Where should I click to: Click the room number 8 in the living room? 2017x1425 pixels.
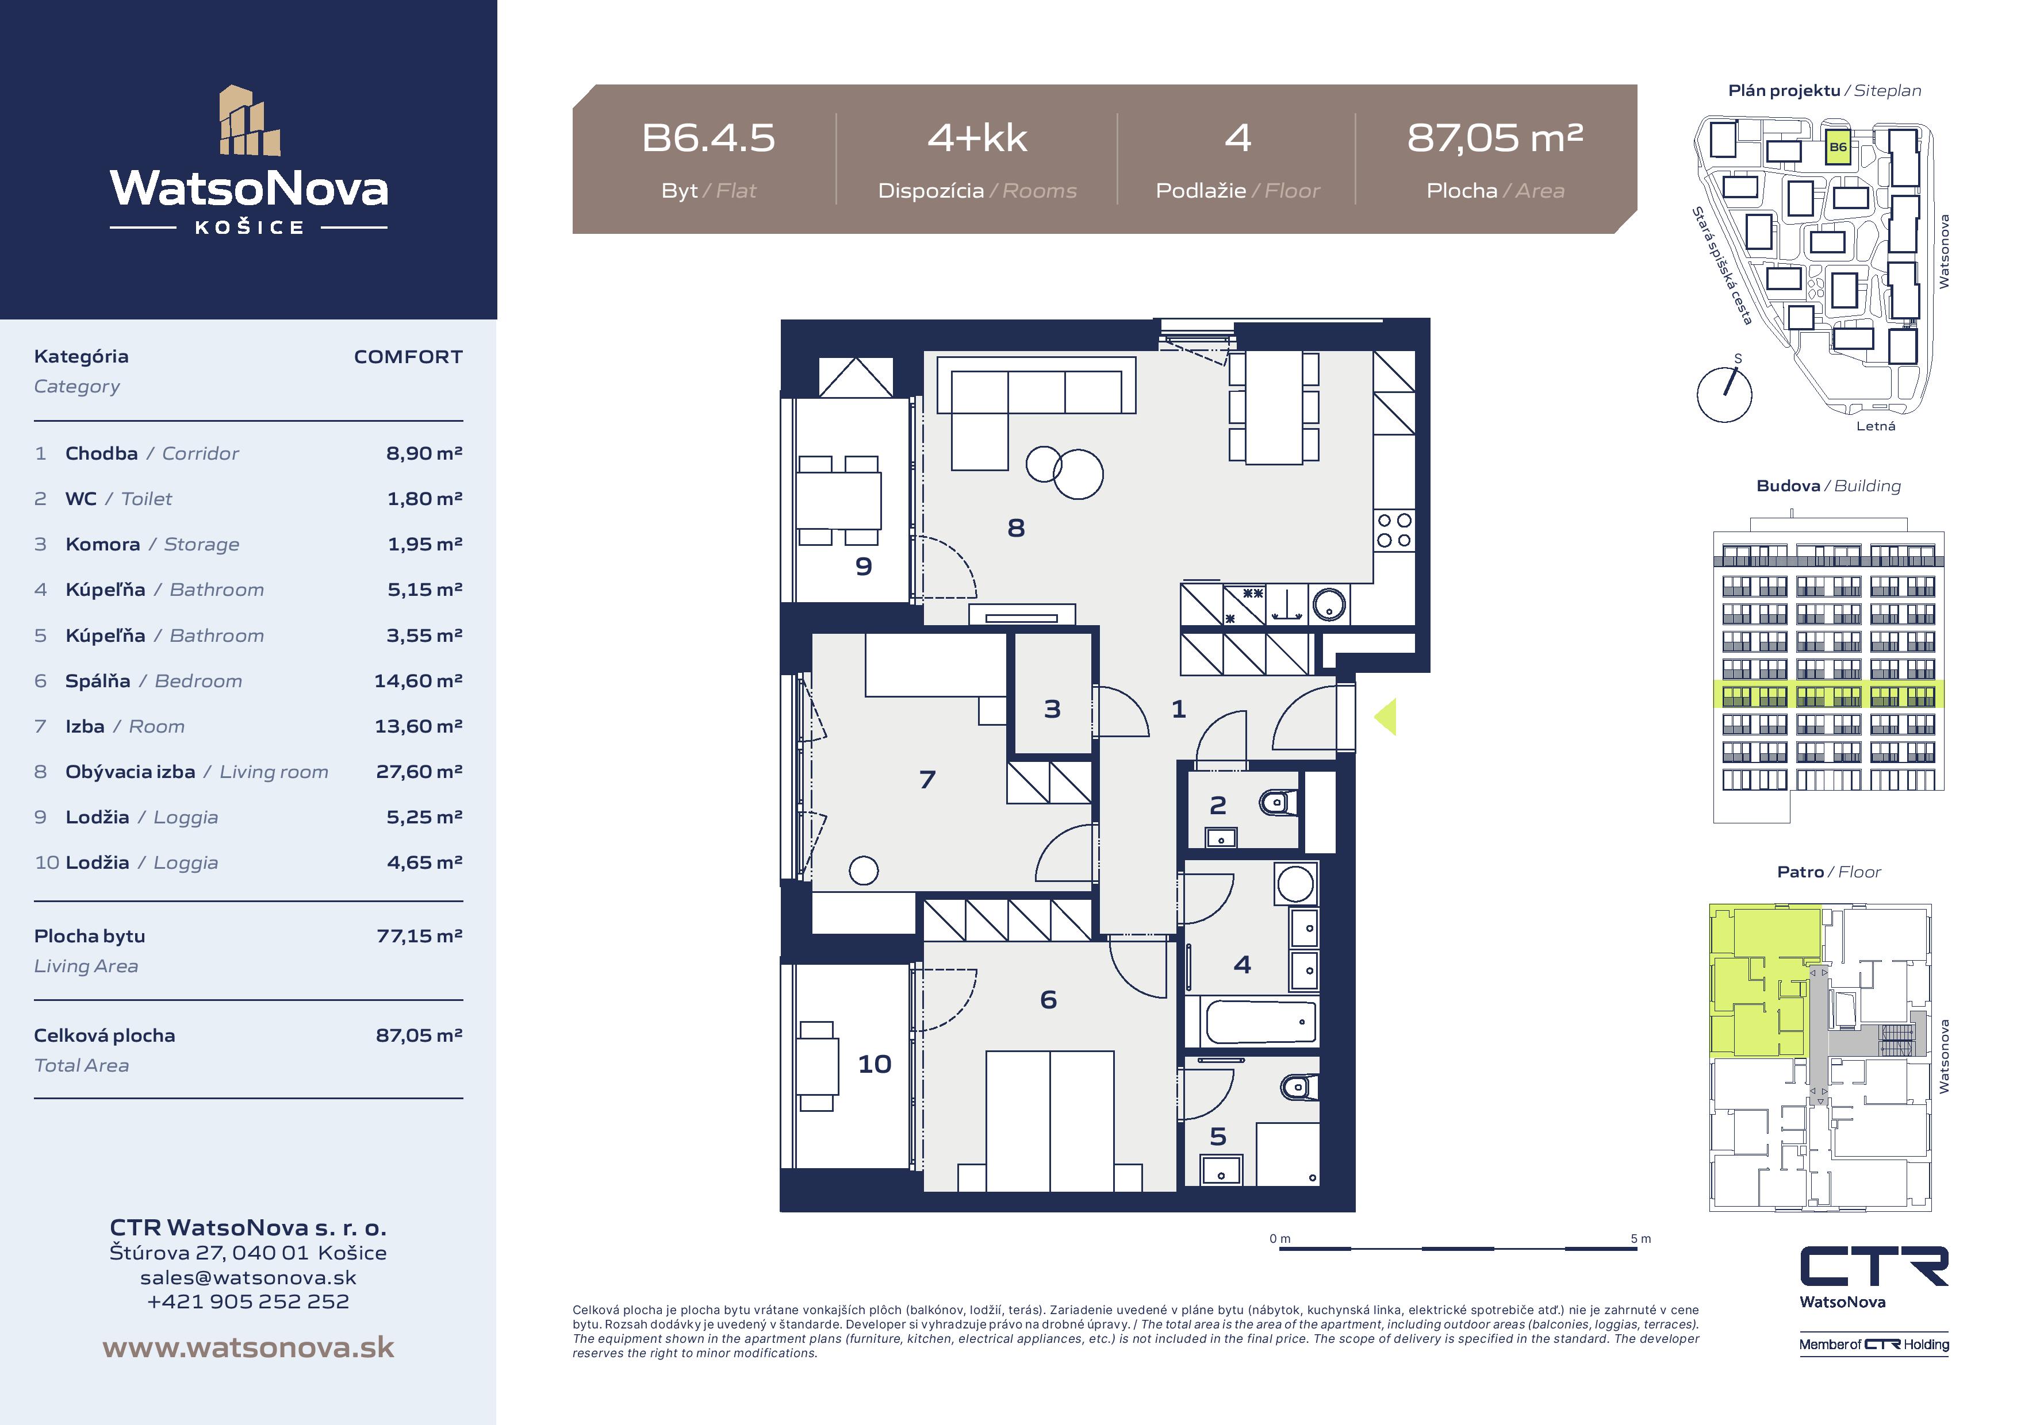[1015, 527]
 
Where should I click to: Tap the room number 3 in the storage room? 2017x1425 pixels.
[1052, 708]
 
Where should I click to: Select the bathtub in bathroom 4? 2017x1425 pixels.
[1260, 1022]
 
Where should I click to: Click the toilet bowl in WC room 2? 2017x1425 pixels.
[1278, 802]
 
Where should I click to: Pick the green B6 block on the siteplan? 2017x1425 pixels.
[1838, 147]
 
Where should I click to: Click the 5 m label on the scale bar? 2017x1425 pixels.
[1640, 1239]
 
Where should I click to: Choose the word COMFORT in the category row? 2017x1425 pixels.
[408, 356]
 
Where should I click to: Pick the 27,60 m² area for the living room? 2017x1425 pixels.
[419, 771]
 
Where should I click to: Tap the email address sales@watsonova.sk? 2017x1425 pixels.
[248, 1277]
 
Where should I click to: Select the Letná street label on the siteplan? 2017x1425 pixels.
[1876, 426]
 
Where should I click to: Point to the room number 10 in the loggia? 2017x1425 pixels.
[874, 1064]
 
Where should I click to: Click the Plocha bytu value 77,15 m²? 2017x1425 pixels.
[419, 936]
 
